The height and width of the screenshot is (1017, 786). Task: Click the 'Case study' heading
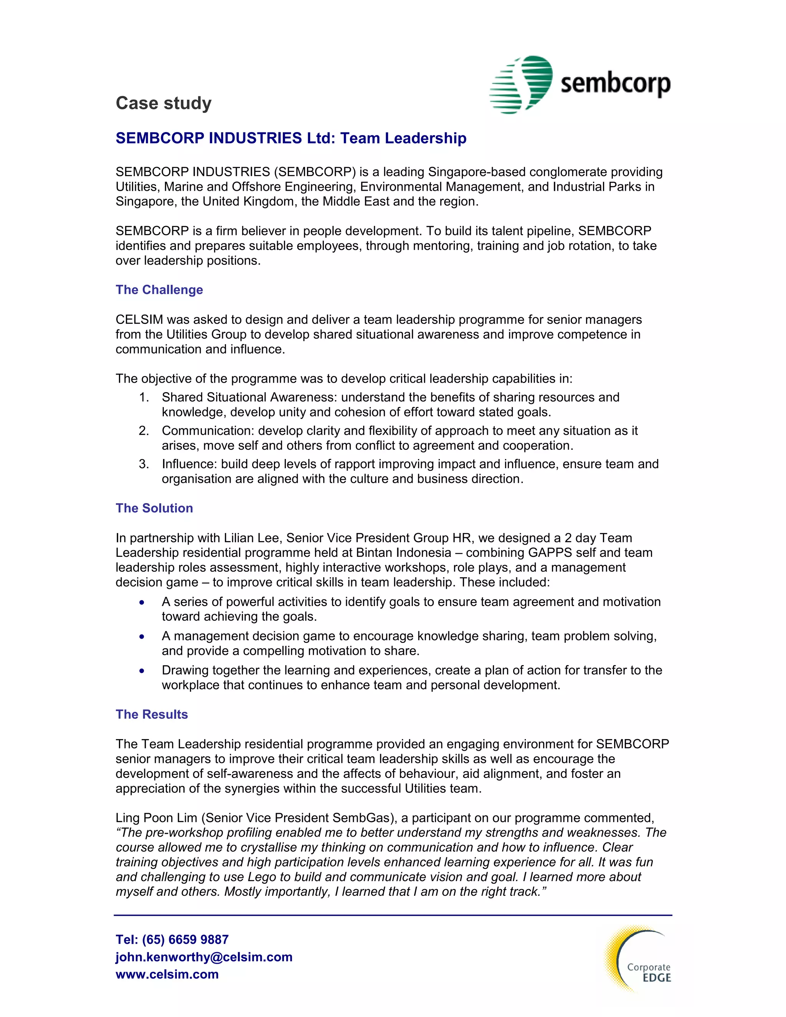pyautogui.click(x=163, y=103)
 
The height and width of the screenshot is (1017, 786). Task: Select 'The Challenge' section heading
pyautogui.click(x=159, y=290)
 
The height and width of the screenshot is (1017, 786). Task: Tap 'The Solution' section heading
pyautogui.click(x=154, y=508)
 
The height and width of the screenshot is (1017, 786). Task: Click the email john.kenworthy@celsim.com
pyautogui.click(x=204, y=957)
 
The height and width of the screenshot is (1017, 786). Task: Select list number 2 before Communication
pyautogui.click(x=144, y=431)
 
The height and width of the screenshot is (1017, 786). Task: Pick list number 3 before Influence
pyautogui.click(x=144, y=464)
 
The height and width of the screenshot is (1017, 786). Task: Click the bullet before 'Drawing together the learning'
pyautogui.click(x=142, y=671)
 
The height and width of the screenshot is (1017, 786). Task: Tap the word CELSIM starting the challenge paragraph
pyautogui.click(x=139, y=320)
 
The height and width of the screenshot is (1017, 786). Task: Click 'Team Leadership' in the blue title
pyautogui.click(x=403, y=138)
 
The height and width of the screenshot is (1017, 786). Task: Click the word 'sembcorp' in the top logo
pyautogui.click(x=615, y=84)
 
